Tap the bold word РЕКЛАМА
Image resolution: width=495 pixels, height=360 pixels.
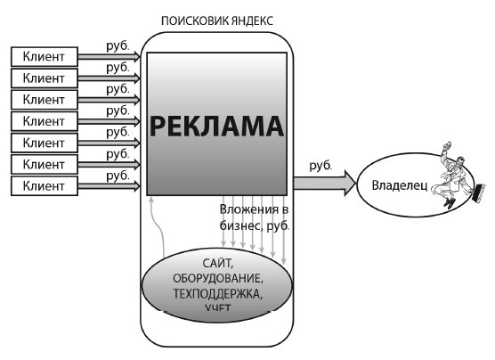[x=215, y=126]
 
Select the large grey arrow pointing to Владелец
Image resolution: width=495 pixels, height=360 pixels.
[x=324, y=184]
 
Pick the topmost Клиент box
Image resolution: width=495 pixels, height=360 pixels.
[x=44, y=57]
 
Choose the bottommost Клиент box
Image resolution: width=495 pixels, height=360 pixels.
[x=44, y=185]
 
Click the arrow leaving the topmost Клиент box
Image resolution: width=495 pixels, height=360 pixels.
[x=110, y=57]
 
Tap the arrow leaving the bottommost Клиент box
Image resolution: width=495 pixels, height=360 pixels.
[x=110, y=185]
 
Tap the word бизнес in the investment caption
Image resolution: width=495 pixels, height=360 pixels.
[x=239, y=226]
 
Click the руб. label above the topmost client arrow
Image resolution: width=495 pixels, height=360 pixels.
[x=118, y=45]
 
